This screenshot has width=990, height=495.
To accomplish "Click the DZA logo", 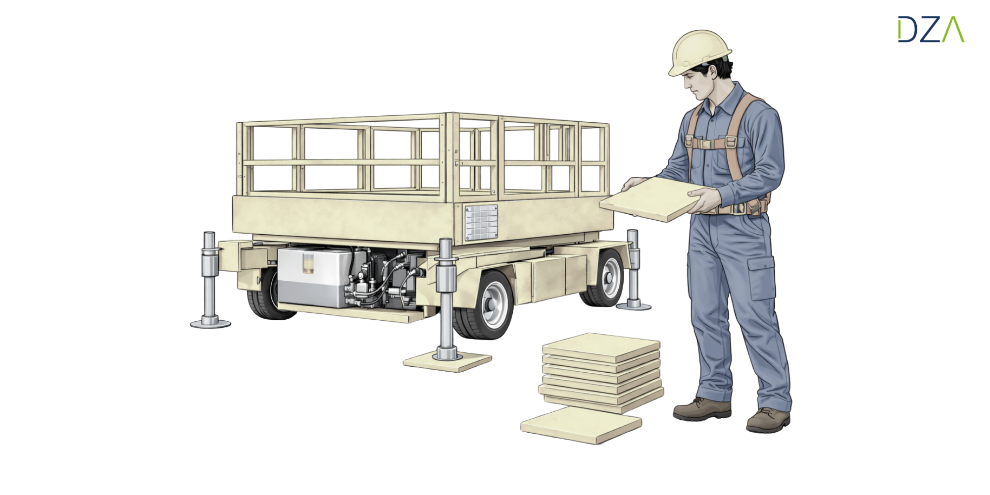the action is point(931,29).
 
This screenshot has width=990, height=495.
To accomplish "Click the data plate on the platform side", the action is point(481,222).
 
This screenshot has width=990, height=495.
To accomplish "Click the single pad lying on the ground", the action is point(581,425).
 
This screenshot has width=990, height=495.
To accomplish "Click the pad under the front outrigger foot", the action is point(447,361).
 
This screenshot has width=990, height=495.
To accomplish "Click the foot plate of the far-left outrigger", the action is point(210,324).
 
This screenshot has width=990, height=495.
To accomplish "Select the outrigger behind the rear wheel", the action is point(633,270).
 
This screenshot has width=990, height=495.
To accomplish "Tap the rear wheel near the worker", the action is point(604,278).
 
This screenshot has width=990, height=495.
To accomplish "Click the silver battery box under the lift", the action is point(314,277).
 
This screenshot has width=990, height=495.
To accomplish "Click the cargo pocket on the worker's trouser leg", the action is point(761,278).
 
